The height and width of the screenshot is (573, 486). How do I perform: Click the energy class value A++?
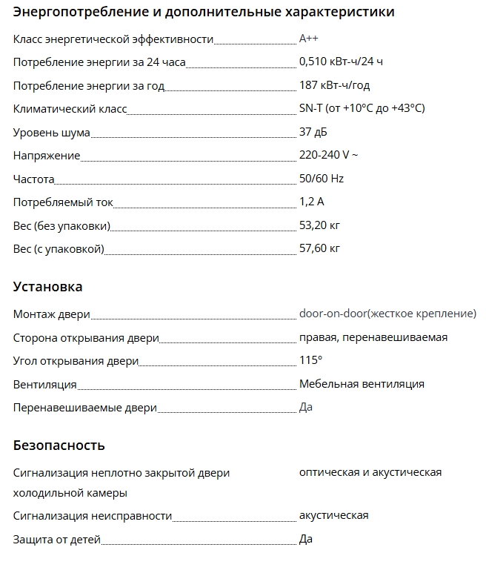[309, 39]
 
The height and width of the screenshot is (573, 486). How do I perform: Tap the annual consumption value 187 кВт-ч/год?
[334, 85]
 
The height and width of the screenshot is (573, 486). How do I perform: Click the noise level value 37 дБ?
[313, 132]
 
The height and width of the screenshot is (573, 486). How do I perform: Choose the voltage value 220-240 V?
[328, 156]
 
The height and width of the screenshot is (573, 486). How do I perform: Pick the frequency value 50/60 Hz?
[322, 179]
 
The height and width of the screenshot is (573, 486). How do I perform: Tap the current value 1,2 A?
[312, 202]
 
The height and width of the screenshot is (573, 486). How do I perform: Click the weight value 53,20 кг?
[319, 225]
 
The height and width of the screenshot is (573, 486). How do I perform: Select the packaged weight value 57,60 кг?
[319, 248]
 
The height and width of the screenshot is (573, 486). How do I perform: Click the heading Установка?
[48, 287]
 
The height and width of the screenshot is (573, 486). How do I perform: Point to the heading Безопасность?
[59, 446]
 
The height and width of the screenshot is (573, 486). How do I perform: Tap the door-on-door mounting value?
[387, 314]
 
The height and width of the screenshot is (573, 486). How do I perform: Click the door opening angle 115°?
[310, 360]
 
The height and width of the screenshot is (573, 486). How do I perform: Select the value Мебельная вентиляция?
[362, 384]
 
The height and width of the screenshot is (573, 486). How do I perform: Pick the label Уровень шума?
[52, 133]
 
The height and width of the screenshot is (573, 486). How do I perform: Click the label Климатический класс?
[70, 109]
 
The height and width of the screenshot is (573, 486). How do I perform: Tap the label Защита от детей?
[57, 540]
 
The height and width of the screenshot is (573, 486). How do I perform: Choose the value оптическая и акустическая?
[370, 472]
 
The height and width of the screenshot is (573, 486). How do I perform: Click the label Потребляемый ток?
[63, 202]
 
